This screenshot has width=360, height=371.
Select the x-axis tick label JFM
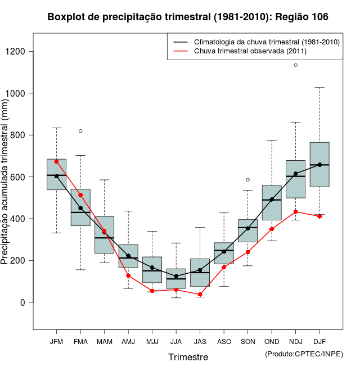click(56, 342)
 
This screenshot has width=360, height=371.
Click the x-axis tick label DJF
click(319, 342)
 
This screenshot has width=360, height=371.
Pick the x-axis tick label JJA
click(176, 342)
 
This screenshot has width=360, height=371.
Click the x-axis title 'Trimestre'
click(188, 357)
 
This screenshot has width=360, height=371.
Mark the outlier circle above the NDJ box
click(296, 65)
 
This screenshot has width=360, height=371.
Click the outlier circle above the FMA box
click(80, 131)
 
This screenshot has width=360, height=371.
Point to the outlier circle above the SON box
click(247, 180)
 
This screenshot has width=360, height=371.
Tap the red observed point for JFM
click(56, 161)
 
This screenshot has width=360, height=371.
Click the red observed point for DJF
click(319, 216)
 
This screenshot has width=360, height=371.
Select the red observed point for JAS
click(200, 294)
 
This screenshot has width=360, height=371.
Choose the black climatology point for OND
click(272, 200)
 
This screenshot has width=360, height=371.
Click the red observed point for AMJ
click(128, 275)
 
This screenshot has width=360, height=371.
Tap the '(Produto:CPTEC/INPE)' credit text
click(304, 354)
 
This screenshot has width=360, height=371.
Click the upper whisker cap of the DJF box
click(319, 88)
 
